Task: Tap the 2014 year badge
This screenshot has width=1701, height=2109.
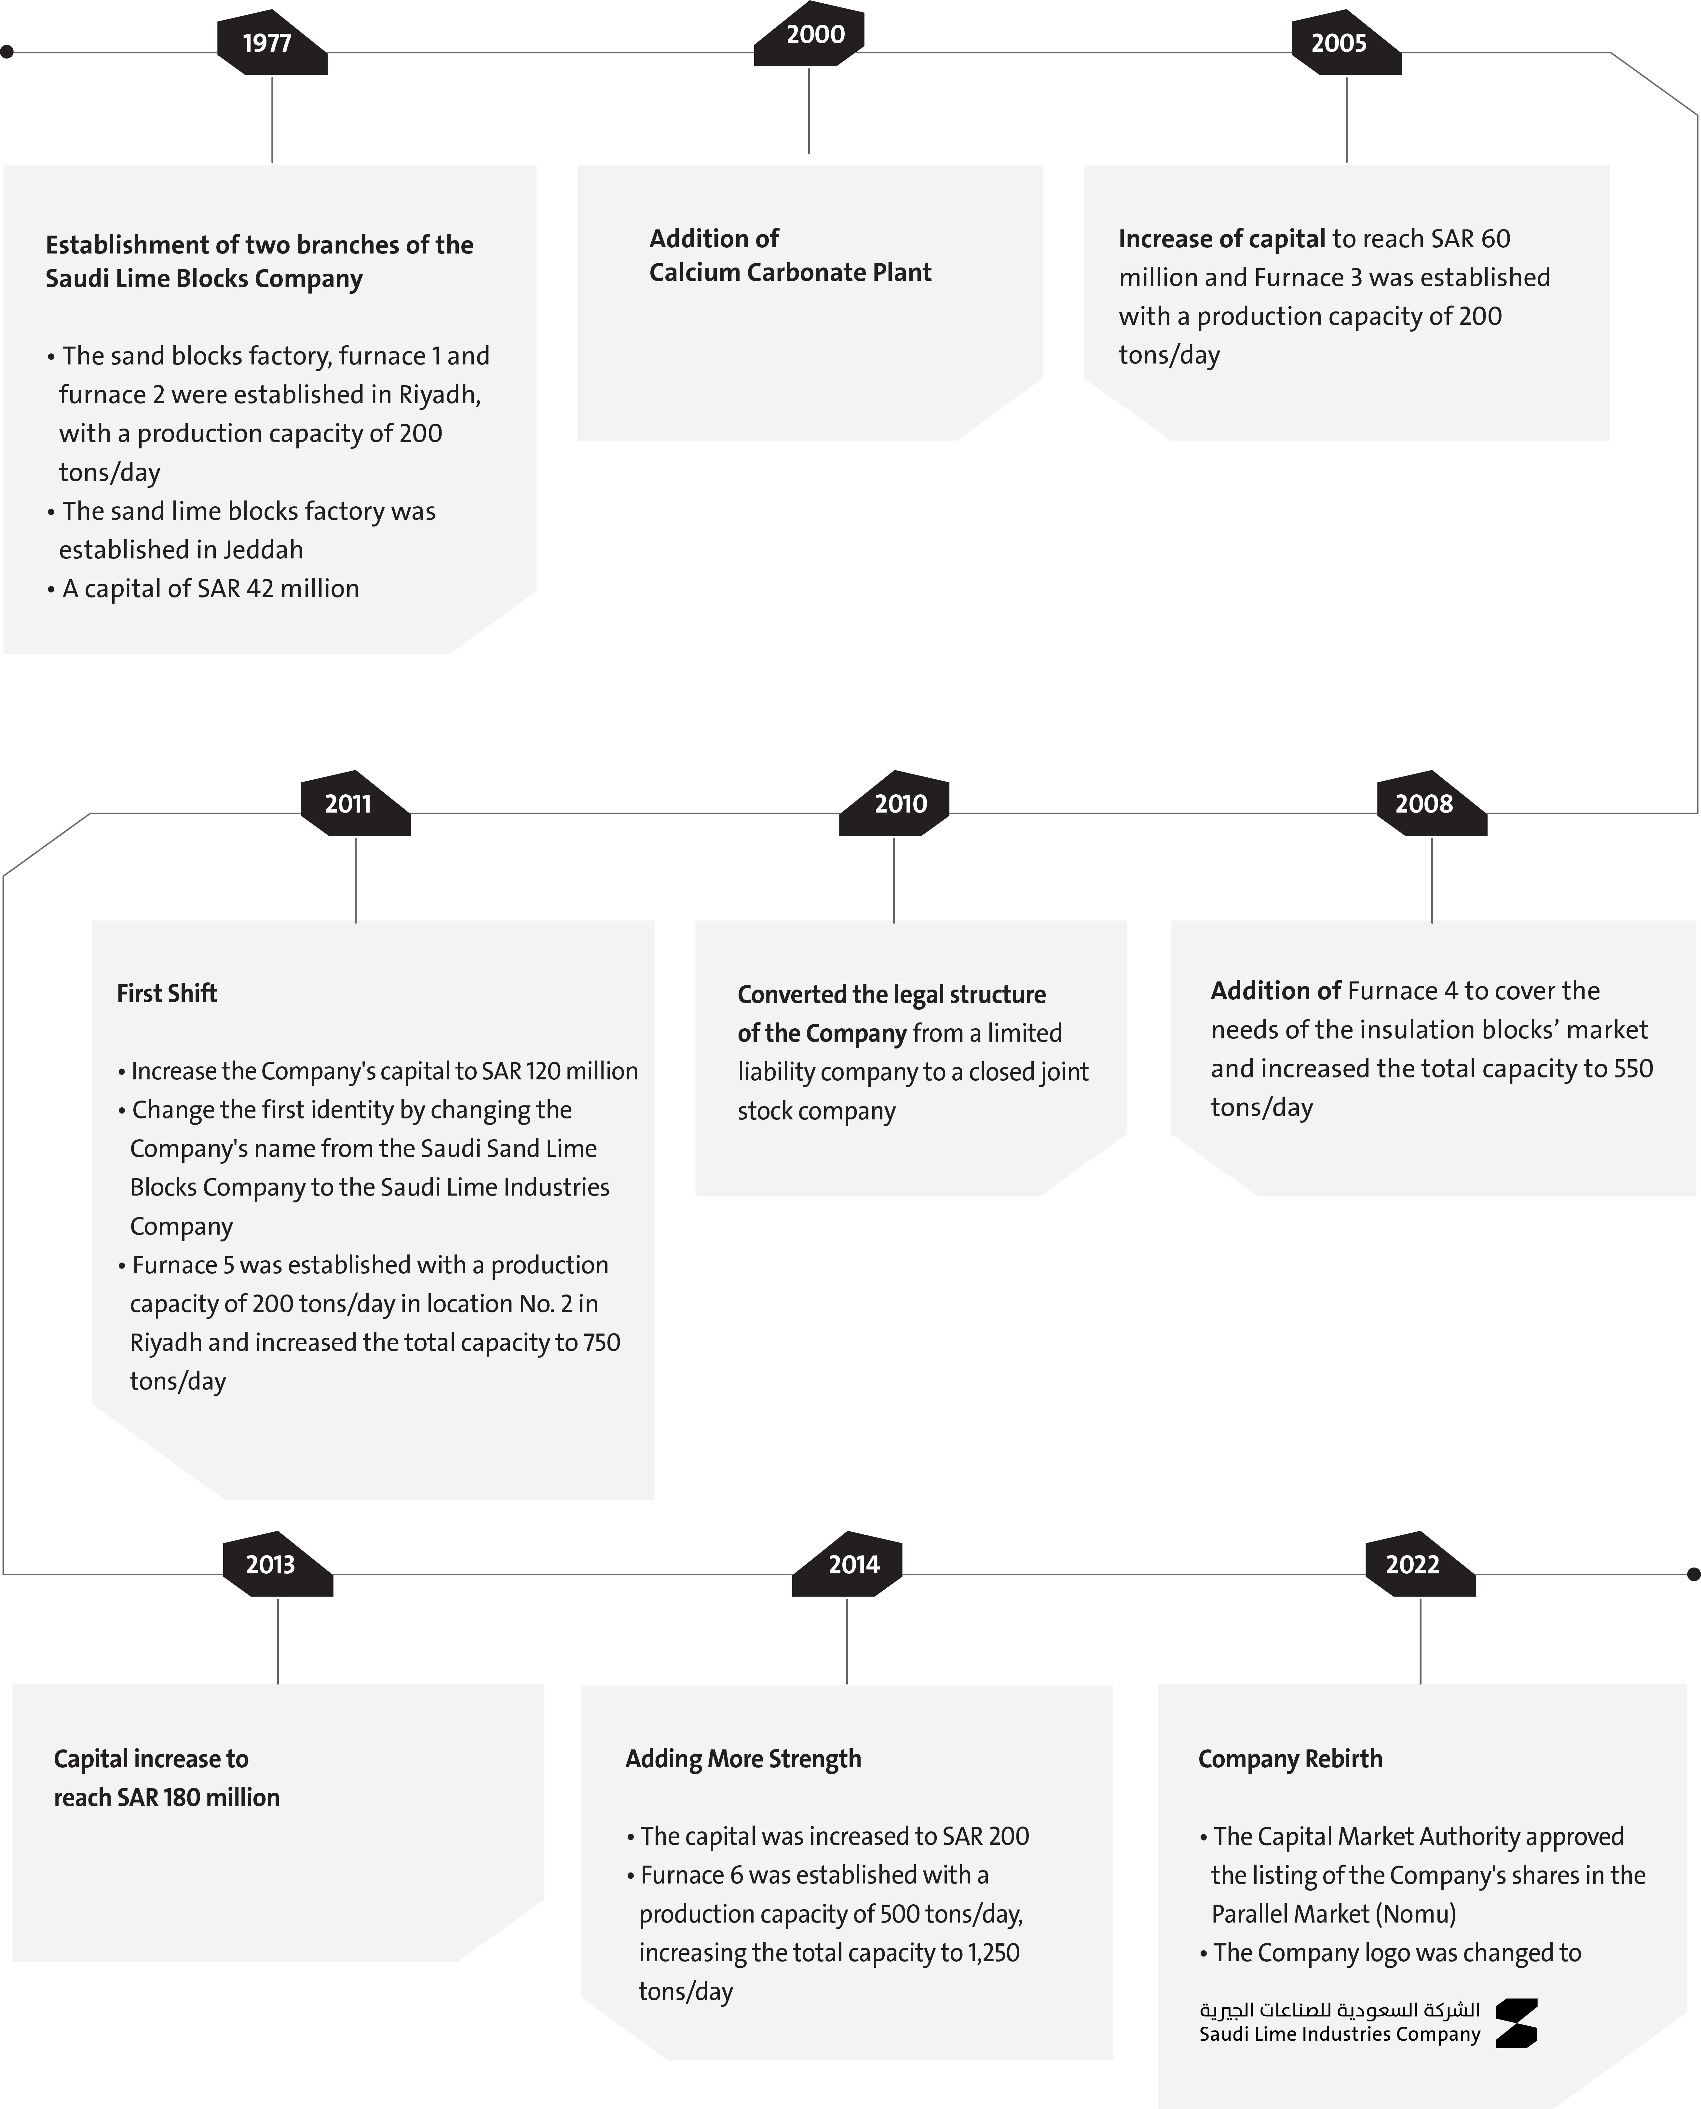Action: click(847, 1564)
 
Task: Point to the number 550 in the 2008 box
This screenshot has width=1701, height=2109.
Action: click(1633, 1068)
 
